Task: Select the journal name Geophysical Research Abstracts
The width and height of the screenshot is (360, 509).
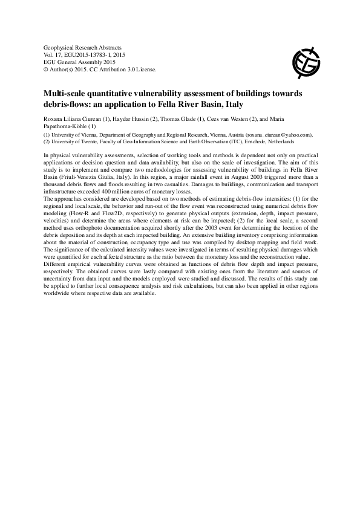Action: pyautogui.click(x=83, y=47)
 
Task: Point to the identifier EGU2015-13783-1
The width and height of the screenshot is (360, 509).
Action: pyautogui.click(x=90, y=54)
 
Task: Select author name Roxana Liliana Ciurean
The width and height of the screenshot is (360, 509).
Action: pyautogui.click(x=76, y=119)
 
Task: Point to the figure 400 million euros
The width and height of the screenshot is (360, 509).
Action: pyautogui.click(x=113, y=191)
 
